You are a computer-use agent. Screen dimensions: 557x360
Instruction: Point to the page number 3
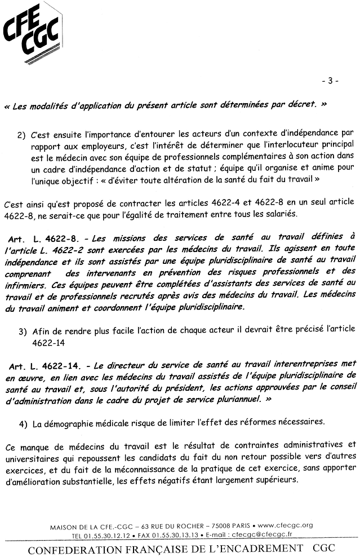pyautogui.click(x=330, y=81)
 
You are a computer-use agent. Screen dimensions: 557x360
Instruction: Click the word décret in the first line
pyautogui.click(x=305, y=105)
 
